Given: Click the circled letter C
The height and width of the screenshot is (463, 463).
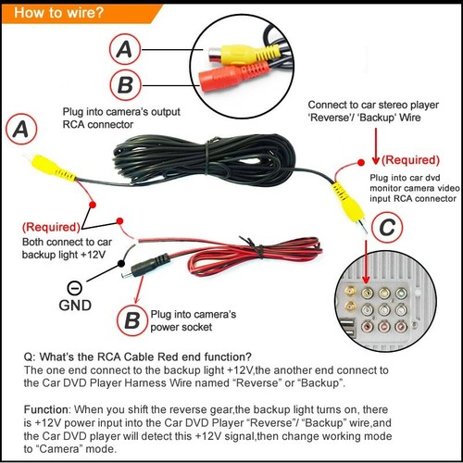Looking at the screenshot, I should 391,227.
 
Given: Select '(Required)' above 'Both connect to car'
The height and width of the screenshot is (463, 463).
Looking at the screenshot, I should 53,227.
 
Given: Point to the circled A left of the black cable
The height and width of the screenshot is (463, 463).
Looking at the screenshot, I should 24,130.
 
